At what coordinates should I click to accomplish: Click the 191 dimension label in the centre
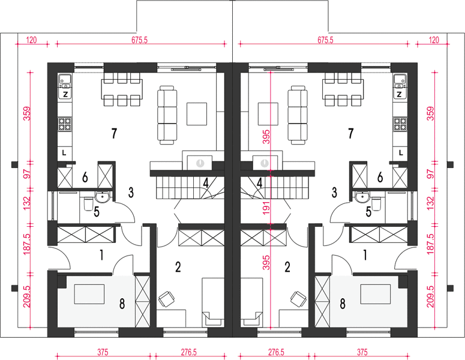pyautogui.click(x=266, y=208)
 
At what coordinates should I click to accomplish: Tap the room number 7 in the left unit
pyautogui.click(x=114, y=133)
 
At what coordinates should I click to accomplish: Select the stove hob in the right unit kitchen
pyautogui.click(x=400, y=124)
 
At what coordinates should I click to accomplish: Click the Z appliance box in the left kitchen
pyautogui.click(x=65, y=95)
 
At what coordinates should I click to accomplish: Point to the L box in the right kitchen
pyautogui.click(x=401, y=153)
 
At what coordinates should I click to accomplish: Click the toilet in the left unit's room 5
pyautogui.click(x=88, y=204)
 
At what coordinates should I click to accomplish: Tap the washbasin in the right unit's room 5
pyautogui.click(x=362, y=197)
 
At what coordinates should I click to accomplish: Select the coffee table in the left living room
pyautogui.click(x=197, y=114)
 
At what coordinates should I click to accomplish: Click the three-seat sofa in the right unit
pyautogui.click(x=298, y=115)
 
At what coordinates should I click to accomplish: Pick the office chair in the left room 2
pyautogui.click(x=166, y=299)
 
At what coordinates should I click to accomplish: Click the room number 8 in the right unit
pyautogui.click(x=343, y=304)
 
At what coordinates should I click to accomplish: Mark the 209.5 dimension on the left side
pyautogui.click(x=26, y=296)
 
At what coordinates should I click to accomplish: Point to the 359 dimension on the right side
pyautogui.click(x=431, y=113)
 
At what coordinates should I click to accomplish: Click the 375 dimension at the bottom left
pyautogui.click(x=103, y=352)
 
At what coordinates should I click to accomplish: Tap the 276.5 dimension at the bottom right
pyautogui.click(x=276, y=352)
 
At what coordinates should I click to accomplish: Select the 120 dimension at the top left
pyautogui.click(x=31, y=40)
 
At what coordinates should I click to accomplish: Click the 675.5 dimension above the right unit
pyautogui.click(x=325, y=40)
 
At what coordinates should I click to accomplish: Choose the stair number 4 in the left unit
pyautogui.click(x=206, y=183)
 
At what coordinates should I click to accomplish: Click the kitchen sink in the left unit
pyautogui.click(x=65, y=79)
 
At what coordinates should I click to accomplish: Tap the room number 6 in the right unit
pyautogui.click(x=380, y=178)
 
